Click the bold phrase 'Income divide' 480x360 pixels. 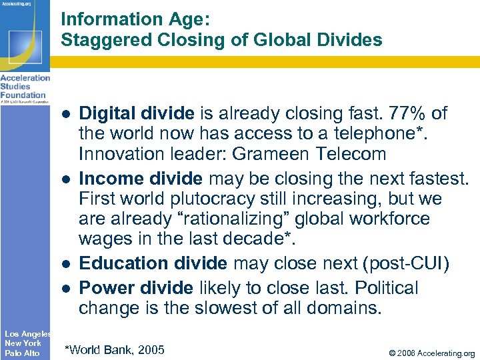point(140,179)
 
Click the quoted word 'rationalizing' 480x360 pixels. point(233,219)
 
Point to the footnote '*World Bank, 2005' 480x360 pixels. point(114,349)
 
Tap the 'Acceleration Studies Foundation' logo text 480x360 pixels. point(25,87)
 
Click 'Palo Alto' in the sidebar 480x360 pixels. point(22,353)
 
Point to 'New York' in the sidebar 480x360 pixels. point(23,343)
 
